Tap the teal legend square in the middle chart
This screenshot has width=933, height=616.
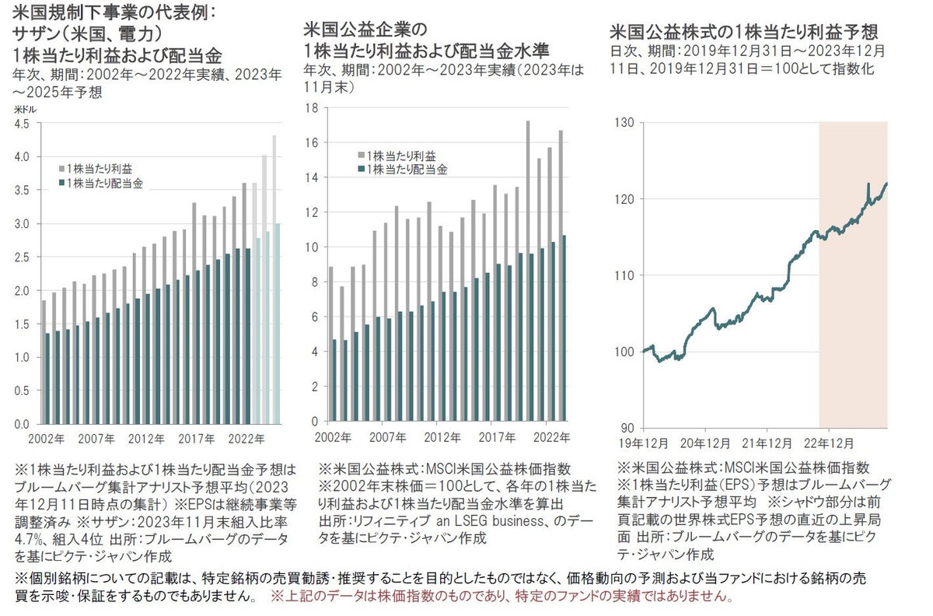point(361,170)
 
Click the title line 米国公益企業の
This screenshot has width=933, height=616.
point(365,30)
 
